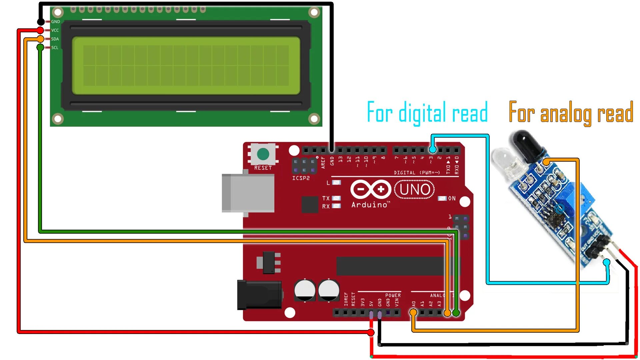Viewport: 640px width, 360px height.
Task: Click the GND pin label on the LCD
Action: (x=55, y=22)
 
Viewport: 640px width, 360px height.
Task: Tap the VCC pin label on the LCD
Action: (x=55, y=30)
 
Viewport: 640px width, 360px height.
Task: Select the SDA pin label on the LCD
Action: (x=55, y=39)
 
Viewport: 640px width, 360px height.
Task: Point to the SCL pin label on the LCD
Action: (x=55, y=48)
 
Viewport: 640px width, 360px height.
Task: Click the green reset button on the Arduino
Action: (x=263, y=154)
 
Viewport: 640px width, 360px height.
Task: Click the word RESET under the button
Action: (x=263, y=168)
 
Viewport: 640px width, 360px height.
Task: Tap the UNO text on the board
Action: (x=415, y=189)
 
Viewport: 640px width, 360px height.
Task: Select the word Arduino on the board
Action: (x=370, y=205)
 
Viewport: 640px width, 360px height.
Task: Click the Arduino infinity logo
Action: (x=371, y=189)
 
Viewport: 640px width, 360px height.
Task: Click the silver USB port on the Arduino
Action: (x=248, y=193)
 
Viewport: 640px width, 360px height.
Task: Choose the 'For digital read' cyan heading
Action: (x=427, y=113)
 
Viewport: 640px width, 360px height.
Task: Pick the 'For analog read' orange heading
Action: (x=571, y=113)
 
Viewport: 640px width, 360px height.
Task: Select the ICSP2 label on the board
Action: (x=301, y=178)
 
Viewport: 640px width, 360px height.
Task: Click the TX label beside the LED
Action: (x=326, y=198)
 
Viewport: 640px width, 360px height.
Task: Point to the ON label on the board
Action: (x=452, y=198)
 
